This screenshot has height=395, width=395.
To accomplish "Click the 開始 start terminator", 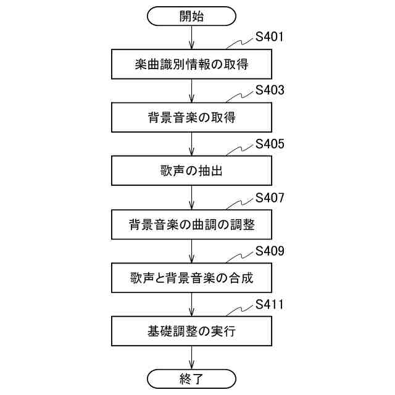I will tap(191, 16).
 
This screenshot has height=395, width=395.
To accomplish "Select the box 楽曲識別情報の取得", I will tap(191, 64).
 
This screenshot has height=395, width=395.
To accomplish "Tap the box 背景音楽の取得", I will tap(191, 117).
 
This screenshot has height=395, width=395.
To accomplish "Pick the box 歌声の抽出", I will tap(191, 171).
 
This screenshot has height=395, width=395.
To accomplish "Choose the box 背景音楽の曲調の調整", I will tap(191, 225).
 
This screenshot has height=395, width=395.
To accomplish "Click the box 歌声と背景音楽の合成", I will tap(191, 278).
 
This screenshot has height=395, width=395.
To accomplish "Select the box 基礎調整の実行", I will tap(191, 331).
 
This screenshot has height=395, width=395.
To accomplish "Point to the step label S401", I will tap(270, 37).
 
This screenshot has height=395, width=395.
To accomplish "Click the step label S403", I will tap(270, 91).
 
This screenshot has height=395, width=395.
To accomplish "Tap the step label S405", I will tap(270, 144).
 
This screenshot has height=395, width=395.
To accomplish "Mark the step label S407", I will tap(270, 198).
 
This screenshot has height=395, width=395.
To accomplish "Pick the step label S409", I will tap(270, 251).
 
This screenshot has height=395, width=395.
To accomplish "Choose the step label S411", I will tap(270, 305).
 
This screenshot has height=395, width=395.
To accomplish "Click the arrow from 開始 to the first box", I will tap(191, 37).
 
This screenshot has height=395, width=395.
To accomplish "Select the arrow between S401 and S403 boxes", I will tap(191, 90).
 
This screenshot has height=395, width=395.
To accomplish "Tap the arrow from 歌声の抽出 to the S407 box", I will tap(191, 197).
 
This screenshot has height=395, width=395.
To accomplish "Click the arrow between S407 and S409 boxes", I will tap(191, 251).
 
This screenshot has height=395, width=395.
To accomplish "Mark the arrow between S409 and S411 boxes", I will tap(191, 304).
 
